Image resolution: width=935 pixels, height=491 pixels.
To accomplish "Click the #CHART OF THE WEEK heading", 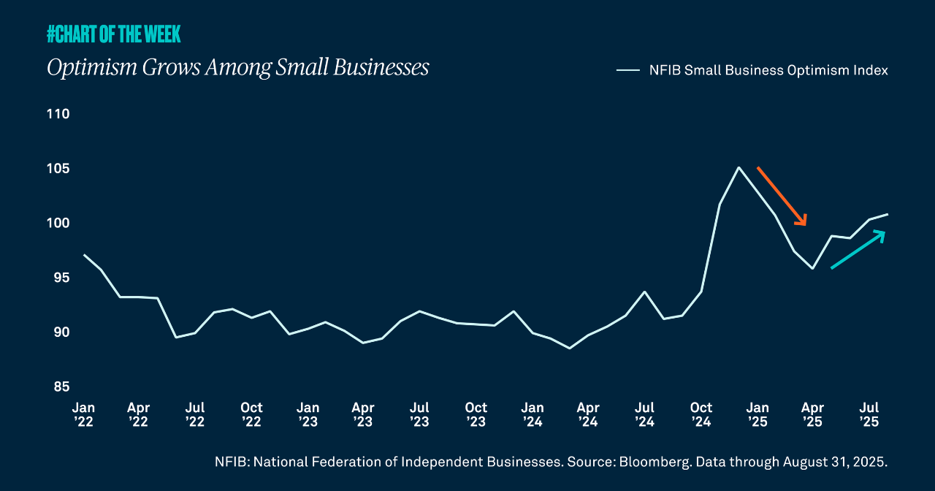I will pyautogui.click(x=113, y=34).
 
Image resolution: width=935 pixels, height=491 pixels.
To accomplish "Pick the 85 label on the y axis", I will pyautogui.click(x=61, y=387).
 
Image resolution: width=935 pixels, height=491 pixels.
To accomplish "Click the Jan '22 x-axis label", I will pyautogui.click(x=83, y=414).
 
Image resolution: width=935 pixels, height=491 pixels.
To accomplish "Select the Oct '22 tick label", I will pyautogui.click(x=251, y=414).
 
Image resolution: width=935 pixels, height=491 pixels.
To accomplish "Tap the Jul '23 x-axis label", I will pyautogui.click(x=419, y=414).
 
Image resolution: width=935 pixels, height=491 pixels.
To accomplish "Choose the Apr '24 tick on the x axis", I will pyautogui.click(x=588, y=414).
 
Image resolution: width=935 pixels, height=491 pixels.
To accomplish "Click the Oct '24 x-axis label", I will pyautogui.click(x=701, y=414).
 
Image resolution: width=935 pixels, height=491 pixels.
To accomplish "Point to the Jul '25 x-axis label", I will pyautogui.click(x=869, y=414).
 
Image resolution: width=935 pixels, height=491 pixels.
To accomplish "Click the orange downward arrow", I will pyautogui.click(x=782, y=197).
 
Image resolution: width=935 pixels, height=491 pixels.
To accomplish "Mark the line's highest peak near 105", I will pyautogui.click(x=739, y=167).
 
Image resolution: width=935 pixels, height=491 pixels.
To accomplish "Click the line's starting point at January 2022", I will pyautogui.click(x=84, y=255).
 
